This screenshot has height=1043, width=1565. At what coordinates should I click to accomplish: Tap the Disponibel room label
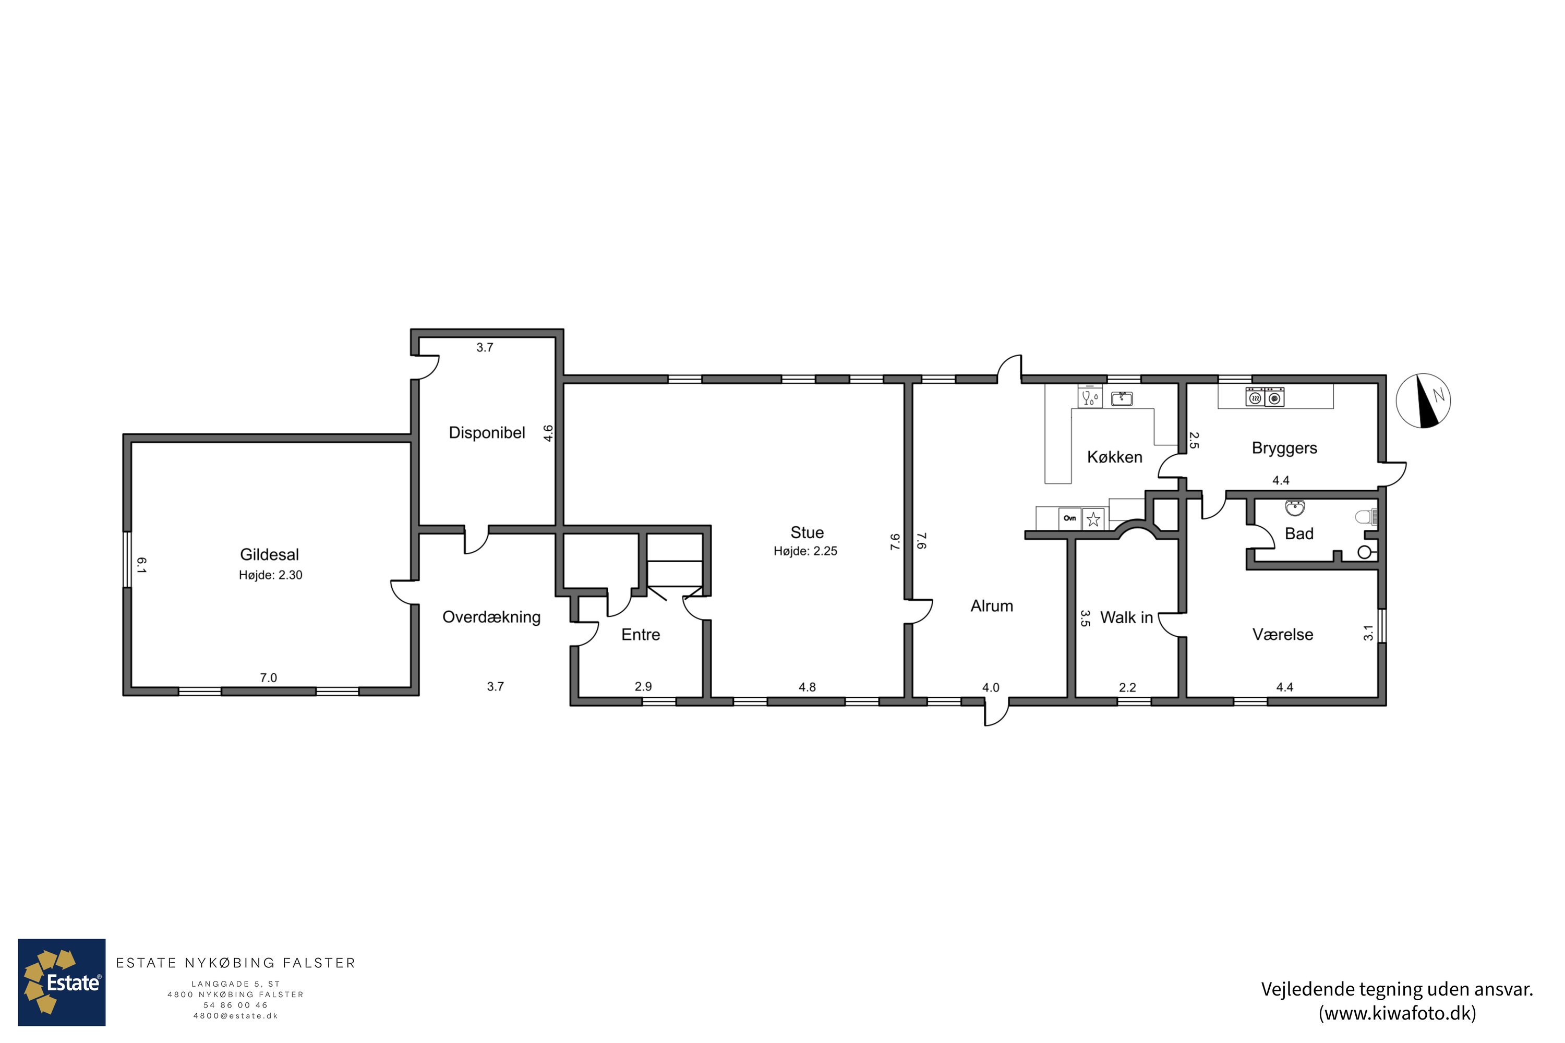click(487, 433)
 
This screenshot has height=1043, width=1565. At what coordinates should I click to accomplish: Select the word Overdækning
click(492, 617)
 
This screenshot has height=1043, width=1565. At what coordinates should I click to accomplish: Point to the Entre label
click(641, 635)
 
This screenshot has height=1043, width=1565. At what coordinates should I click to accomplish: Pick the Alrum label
click(992, 606)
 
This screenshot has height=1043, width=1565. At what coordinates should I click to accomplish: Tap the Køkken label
click(1114, 457)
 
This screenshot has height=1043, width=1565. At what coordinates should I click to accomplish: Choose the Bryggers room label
click(1284, 448)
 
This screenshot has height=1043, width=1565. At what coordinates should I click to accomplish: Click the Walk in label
click(1126, 617)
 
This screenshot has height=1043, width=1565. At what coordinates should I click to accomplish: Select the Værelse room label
click(1283, 635)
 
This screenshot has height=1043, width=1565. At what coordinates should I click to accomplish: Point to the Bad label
click(1299, 533)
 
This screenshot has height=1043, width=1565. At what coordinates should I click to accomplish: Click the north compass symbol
click(1423, 401)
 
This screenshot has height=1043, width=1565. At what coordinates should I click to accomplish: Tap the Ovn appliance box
click(1069, 518)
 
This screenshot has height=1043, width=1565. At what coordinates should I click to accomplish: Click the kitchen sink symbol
click(1122, 398)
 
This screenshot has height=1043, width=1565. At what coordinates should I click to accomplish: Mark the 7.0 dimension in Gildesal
click(268, 678)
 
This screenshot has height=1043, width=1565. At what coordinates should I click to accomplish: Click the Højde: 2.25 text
click(805, 551)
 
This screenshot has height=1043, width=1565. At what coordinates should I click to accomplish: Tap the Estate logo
click(61, 983)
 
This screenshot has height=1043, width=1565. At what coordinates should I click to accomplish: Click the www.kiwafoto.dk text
click(1398, 1013)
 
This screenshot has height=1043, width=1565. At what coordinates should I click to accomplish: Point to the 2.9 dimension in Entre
click(643, 686)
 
